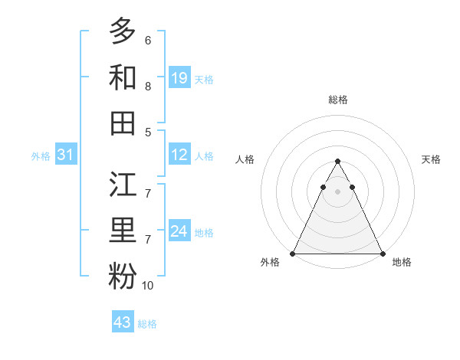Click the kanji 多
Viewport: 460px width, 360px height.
click(123, 31)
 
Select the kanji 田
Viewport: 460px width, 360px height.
click(123, 123)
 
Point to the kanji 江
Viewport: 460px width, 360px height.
click(123, 185)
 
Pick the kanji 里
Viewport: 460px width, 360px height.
click(123, 231)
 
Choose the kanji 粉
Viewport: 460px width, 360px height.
click(123, 277)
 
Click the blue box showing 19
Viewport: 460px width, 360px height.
click(179, 78)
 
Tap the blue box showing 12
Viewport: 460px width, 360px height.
click(179, 155)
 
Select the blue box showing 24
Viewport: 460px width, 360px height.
click(179, 231)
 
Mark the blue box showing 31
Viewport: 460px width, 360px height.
click(66, 155)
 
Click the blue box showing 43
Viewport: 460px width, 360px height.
click(123, 322)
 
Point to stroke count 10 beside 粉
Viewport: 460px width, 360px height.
click(148, 286)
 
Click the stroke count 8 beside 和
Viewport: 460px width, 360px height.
click(148, 87)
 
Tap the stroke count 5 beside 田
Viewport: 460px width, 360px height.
click(148, 132)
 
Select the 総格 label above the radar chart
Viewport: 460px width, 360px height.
click(338, 100)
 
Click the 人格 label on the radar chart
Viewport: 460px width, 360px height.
click(245, 159)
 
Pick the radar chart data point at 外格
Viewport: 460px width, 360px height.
click(293, 254)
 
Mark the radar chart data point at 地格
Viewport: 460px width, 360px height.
click(383, 254)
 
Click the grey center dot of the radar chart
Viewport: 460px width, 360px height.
click(337, 191)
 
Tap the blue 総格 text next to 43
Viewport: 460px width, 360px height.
click(147, 324)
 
